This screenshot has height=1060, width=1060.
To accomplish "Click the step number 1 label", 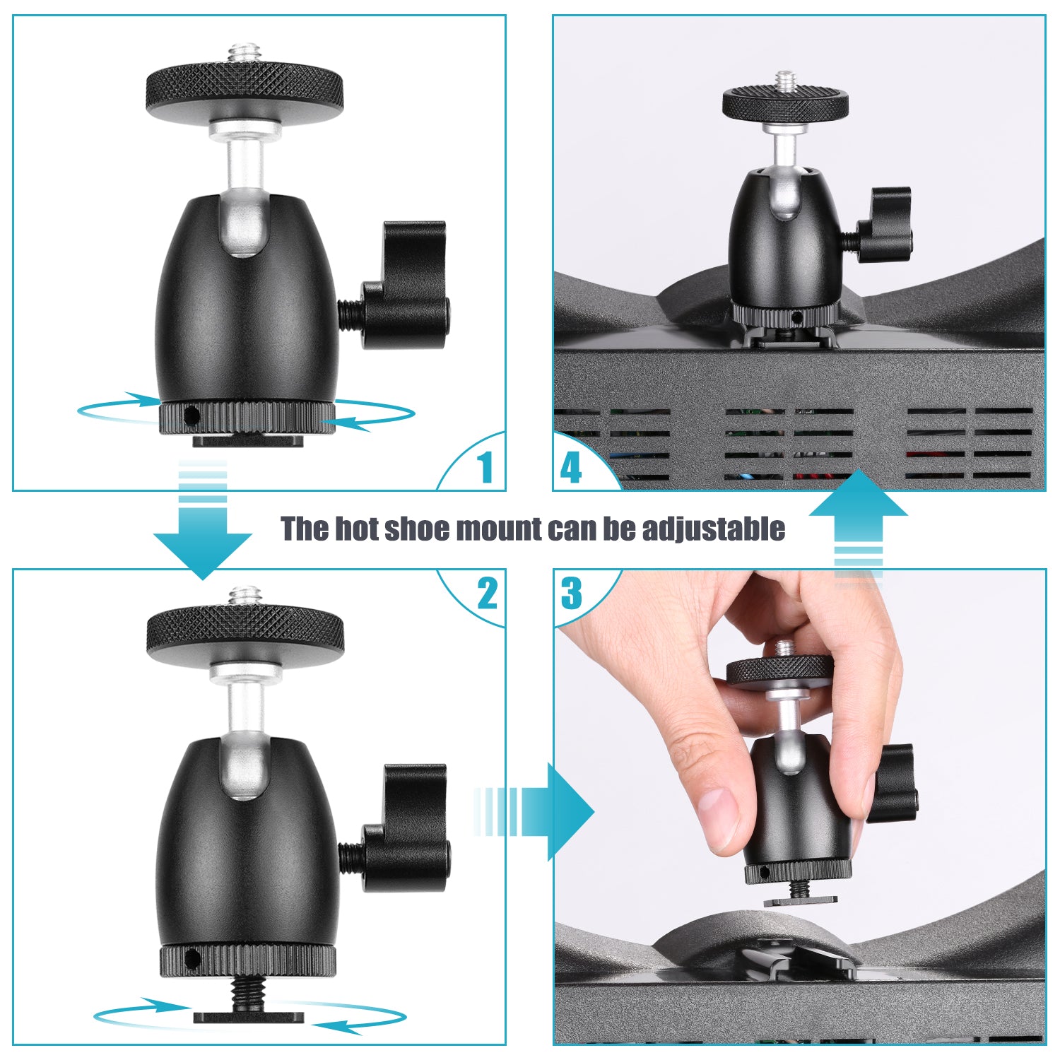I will click(484, 467).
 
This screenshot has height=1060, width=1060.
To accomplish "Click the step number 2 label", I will click(487, 594).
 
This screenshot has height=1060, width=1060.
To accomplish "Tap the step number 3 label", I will click(571, 594).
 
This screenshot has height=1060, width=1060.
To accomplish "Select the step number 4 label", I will click(570, 467).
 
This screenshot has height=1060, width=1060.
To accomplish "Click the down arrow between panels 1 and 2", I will click(203, 537).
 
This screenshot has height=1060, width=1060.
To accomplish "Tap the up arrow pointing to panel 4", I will click(858, 509).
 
